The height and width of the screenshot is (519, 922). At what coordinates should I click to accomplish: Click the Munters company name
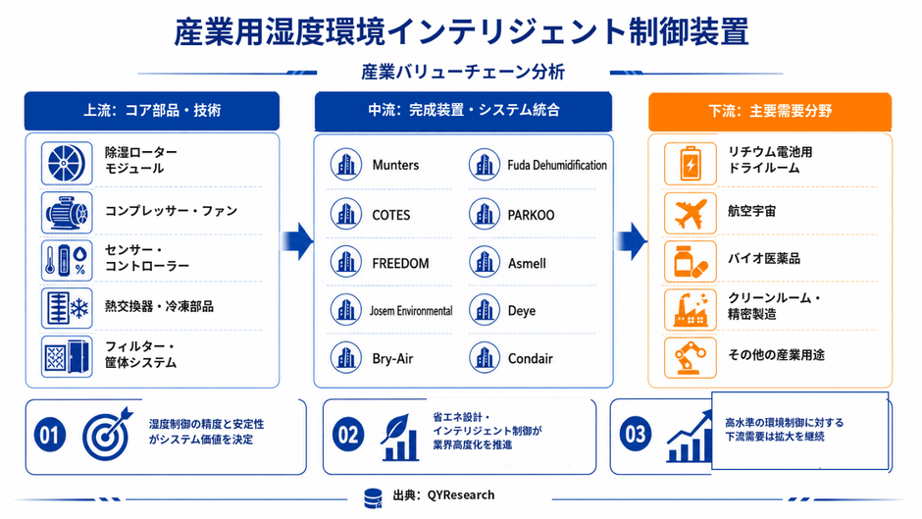[395, 165]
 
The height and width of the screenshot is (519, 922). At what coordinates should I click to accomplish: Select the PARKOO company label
[531, 216]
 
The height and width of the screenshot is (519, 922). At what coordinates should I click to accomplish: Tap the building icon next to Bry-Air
[345, 358]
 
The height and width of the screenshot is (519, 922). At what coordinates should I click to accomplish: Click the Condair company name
[530, 358]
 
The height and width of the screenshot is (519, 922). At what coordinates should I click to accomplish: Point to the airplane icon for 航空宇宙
[691, 213]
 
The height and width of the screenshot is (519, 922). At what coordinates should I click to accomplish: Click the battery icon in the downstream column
[691, 164]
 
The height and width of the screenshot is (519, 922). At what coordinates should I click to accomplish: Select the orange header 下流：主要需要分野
[770, 111]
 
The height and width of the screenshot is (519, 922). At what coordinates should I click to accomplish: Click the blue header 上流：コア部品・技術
[152, 111]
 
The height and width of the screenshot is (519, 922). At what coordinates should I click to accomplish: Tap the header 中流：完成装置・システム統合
[463, 111]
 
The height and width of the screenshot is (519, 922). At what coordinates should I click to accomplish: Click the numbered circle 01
[50, 436]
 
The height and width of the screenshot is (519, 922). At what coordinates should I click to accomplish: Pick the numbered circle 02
[348, 435]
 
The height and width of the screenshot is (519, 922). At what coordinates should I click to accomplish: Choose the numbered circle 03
[636, 435]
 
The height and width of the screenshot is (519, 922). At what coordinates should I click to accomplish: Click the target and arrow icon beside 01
[108, 434]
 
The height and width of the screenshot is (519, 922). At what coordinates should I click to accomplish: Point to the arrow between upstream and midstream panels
[297, 240]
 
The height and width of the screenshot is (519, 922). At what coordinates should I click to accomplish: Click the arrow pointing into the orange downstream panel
[631, 240]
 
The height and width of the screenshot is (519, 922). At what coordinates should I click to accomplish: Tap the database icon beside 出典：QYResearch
[373, 498]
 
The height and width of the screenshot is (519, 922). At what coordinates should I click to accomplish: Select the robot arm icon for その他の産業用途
[691, 357]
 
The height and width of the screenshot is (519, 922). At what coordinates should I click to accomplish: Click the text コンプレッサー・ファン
[171, 211]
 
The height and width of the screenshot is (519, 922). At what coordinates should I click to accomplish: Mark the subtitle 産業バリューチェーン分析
[463, 72]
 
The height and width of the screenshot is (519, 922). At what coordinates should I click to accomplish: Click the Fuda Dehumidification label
[557, 166]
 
